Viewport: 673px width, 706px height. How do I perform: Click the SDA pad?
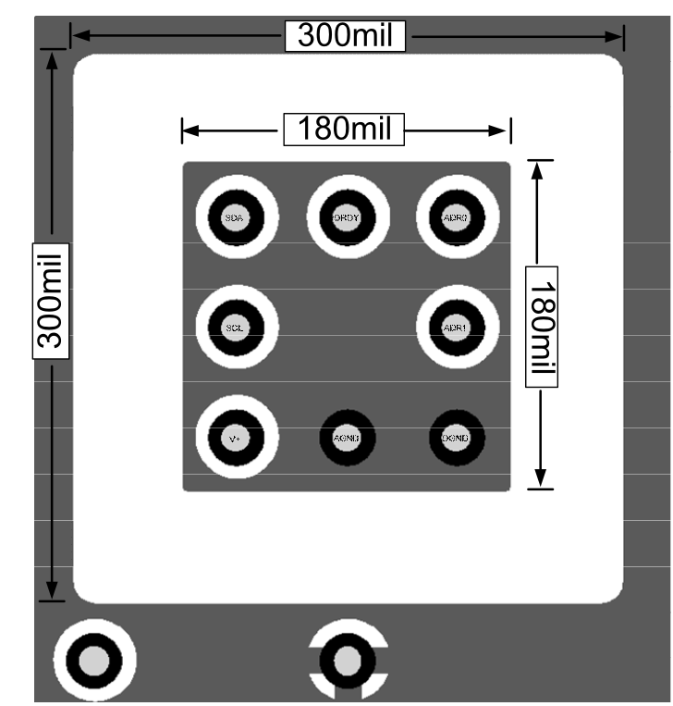point(237,217)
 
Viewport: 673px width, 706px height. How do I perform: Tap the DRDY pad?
point(347,217)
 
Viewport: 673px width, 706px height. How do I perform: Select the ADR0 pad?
point(457,217)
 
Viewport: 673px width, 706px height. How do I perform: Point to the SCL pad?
point(237,328)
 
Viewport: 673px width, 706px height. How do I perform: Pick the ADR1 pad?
point(457,328)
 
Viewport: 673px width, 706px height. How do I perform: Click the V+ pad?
point(237,438)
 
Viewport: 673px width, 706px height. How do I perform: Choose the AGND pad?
point(347,438)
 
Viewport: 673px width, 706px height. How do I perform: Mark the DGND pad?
point(457,438)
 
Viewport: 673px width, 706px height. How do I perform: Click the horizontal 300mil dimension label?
point(345,36)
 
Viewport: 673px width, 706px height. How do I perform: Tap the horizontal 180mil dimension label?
point(345,129)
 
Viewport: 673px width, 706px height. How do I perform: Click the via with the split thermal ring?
point(348,660)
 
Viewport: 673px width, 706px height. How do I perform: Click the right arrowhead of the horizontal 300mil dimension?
point(616,36)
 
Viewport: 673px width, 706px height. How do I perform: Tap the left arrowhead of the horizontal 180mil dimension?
point(190,130)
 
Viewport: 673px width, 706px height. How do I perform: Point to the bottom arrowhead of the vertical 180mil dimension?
point(540,479)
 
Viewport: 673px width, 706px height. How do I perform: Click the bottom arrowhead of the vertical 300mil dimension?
point(52,591)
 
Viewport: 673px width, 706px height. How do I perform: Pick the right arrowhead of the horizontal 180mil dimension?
point(503,130)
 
